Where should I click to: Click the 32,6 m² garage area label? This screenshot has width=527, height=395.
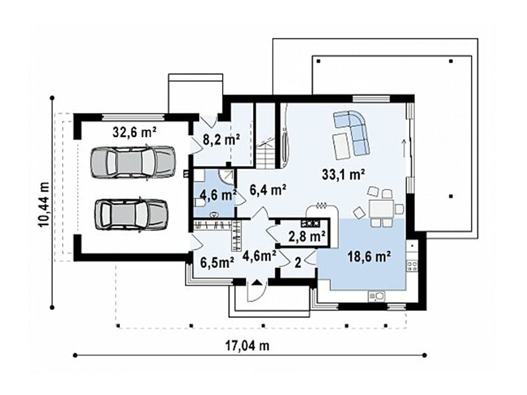[134, 132]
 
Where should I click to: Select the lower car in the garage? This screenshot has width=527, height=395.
[130, 215]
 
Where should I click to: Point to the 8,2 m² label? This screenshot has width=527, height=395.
[221, 140]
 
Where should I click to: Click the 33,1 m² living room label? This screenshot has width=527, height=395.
[343, 174]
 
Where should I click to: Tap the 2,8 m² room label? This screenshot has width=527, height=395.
[307, 236]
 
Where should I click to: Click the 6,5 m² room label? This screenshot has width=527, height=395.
[217, 263]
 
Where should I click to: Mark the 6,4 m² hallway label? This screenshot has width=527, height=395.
[268, 190]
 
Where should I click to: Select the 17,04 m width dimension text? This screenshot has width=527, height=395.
[248, 346]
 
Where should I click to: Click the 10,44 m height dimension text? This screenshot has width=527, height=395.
[43, 205]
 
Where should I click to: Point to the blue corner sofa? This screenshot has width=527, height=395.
[352, 132]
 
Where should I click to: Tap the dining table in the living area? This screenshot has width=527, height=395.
[381, 209]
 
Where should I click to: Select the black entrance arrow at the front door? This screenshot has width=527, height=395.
[256, 282]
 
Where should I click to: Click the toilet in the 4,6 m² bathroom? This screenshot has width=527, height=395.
[199, 203]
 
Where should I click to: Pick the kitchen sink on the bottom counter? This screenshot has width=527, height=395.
[377, 296]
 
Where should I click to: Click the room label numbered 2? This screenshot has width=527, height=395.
[298, 263]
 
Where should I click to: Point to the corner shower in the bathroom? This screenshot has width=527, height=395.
[227, 176]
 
